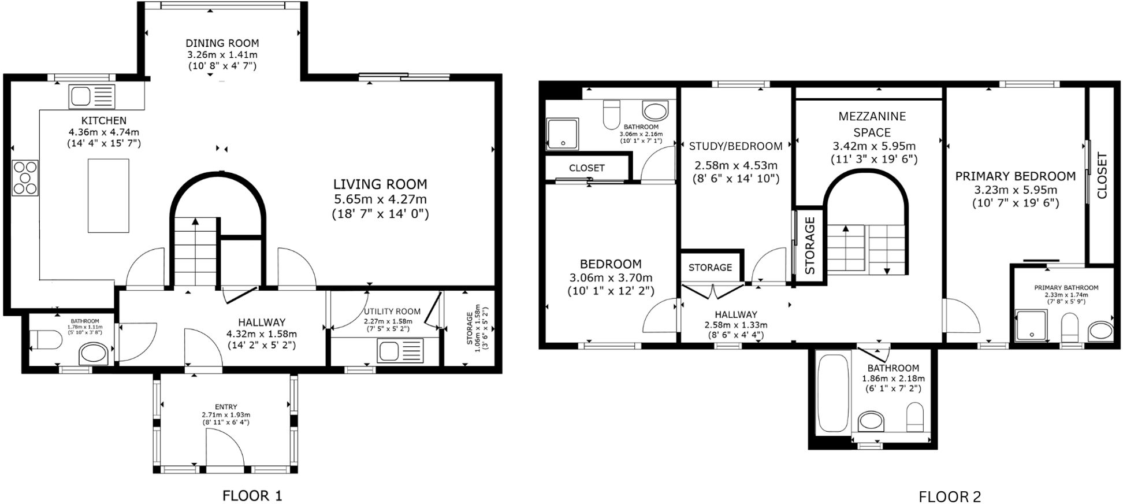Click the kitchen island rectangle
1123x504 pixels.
pyautogui.click(x=108, y=195)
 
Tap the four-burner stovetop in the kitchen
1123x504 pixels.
pyautogui.click(x=25, y=177)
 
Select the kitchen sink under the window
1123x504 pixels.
pyautogui.click(x=92, y=97)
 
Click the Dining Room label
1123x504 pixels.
pyautogui.click(x=222, y=43)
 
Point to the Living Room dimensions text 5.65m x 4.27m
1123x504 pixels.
pyautogui.click(x=380, y=199)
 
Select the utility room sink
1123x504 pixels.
pyautogui.click(x=400, y=351)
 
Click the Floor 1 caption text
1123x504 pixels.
pyautogui.click(x=252, y=495)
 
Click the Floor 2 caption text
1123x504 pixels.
pyautogui.click(x=950, y=496)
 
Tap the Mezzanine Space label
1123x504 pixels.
pyautogui.click(x=872, y=124)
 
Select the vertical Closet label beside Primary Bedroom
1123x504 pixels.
pyautogui.click(x=1102, y=176)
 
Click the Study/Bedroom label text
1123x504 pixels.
pyautogui.click(x=735, y=146)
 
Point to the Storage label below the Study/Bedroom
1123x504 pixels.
pyautogui.click(x=710, y=268)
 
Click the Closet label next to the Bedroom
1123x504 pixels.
pyautogui.click(x=586, y=168)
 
